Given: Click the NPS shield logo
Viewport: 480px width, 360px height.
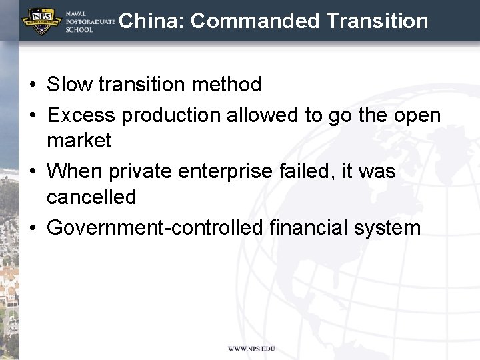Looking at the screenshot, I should [x=41, y=21].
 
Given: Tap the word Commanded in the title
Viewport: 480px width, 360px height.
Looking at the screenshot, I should [x=255, y=21].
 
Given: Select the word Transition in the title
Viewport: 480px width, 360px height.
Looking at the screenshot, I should [x=377, y=21].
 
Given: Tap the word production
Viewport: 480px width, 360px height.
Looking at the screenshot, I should [x=171, y=116].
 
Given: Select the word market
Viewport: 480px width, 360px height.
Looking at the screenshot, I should [x=79, y=141].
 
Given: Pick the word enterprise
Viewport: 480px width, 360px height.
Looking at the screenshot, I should [x=226, y=172].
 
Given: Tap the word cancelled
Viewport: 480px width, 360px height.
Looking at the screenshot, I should [x=91, y=197].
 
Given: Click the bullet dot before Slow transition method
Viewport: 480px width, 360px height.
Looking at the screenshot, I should [x=33, y=85].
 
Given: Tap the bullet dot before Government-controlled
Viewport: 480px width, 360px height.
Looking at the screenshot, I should [x=33, y=228].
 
